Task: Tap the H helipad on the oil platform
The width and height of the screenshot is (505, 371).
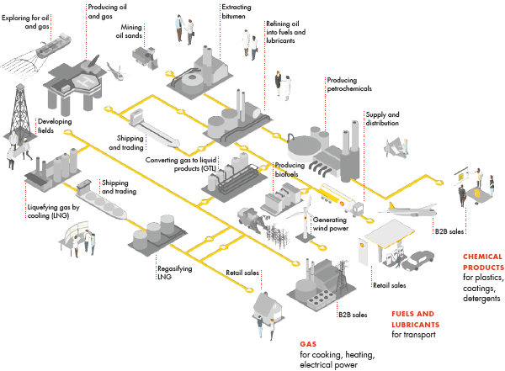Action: [x=85, y=81]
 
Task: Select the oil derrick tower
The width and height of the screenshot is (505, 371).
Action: [x=19, y=112]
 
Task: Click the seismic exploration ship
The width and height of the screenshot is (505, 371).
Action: [x=54, y=46]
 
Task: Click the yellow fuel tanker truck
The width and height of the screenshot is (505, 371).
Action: [x=342, y=199]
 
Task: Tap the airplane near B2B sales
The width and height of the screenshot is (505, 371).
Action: [x=408, y=210]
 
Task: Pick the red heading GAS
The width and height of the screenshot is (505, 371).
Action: [x=308, y=344]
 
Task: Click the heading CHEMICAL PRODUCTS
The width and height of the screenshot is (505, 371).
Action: [x=483, y=262]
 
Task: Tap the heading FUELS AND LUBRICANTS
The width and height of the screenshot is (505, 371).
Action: [x=416, y=319]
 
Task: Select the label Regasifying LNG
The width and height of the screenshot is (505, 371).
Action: [x=174, y=273]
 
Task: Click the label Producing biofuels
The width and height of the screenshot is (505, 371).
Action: [x=290, y=169]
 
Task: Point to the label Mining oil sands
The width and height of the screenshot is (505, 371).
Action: [x=129, y=31]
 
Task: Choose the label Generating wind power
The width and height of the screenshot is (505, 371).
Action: [x=331, y=224]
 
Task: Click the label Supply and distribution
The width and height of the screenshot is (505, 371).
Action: [x=382, y=119]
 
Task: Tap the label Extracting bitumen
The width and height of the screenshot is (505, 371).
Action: [x=237, y=11]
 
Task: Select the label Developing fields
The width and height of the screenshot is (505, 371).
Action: [x=55, y=125]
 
